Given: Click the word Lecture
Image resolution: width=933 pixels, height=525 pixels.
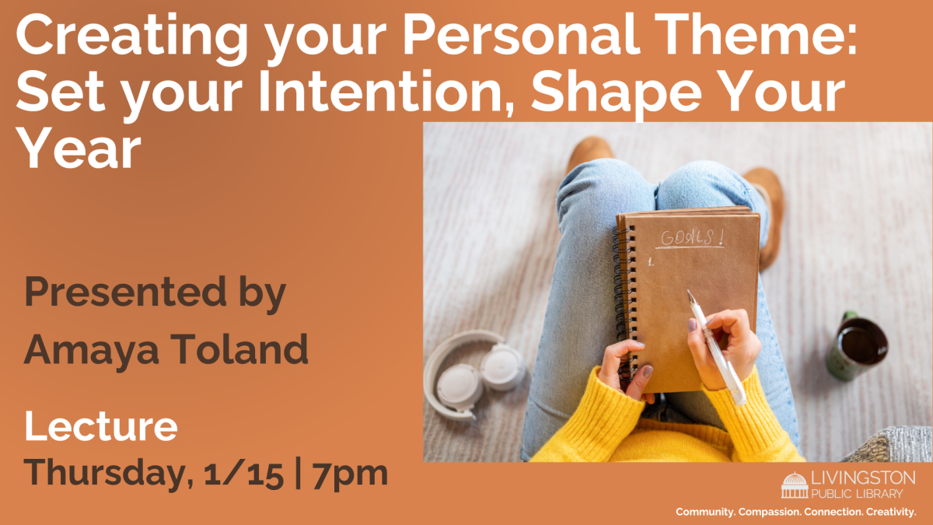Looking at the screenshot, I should point(101,427).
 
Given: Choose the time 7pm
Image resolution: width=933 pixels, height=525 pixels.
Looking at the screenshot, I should point(350,474).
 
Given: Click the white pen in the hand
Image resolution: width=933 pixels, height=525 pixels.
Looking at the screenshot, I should point(716,346).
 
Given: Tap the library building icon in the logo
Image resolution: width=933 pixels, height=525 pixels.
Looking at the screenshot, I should point(795,485).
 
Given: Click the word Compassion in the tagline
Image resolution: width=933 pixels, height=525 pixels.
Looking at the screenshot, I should point(778,511).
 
